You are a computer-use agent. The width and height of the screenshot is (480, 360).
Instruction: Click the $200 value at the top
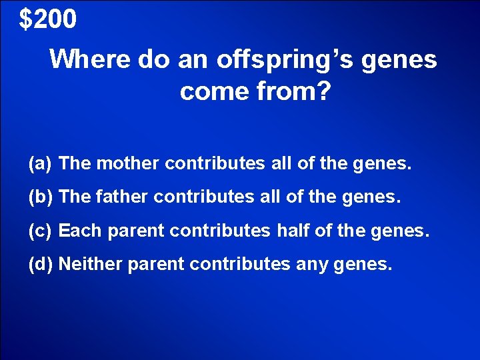(x=48, y=19)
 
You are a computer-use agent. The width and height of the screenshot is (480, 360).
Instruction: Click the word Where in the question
(x=89, y=59)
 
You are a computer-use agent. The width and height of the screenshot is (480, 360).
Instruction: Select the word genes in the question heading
(x=400, y=59)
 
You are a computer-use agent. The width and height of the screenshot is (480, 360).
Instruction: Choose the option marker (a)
(x=41, y=164)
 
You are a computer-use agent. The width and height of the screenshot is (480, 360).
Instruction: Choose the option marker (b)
(x=41, y=197)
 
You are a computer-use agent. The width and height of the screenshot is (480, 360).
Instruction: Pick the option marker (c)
(x=41, y=231)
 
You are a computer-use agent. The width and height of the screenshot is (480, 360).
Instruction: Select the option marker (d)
(x=41, y=265)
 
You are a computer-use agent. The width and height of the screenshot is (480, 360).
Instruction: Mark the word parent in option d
(x=151, y=265)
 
